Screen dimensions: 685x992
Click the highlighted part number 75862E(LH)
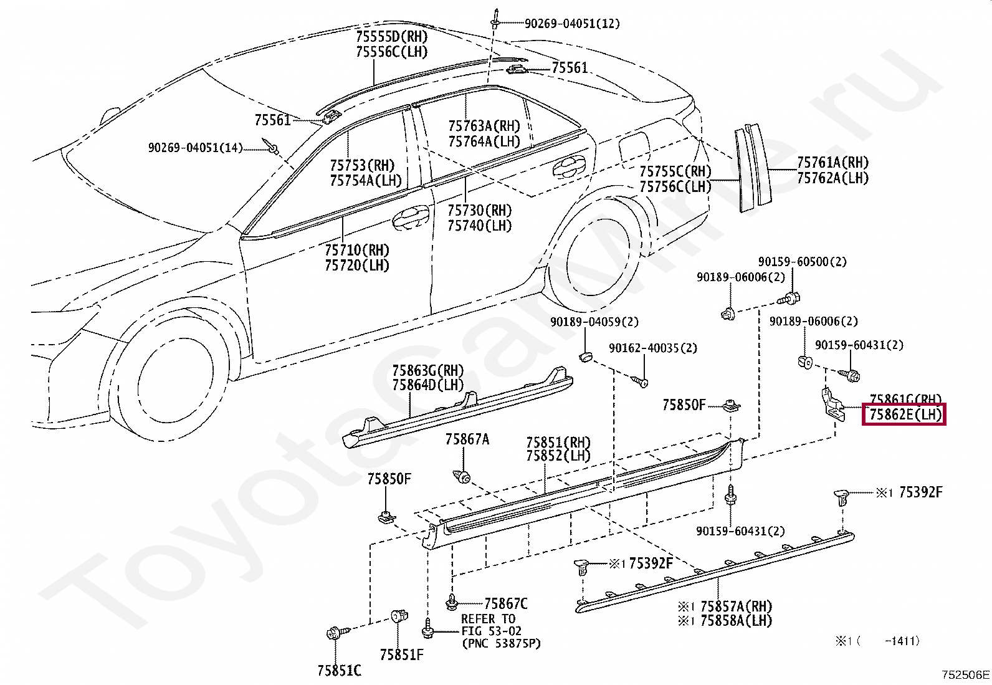pyautogui.click(x=904, y=414)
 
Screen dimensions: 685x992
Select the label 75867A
pyautogui.click(x=467, y=439)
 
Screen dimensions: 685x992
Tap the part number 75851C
pyautogui.click(x=339, y=671)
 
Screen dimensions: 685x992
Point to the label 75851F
pyautogui.click(x=401, y=654)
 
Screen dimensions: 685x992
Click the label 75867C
pyautogui.click(x=505, y=603)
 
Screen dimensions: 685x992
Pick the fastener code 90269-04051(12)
pyautogui.click(x=571, y=24)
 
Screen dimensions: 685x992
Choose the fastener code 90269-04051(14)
pyautogui.click(x=195, y=148)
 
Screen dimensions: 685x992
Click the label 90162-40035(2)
pyautogui.click(x=653, y=348)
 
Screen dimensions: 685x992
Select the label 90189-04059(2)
pyautogui.click(x=594, y=322)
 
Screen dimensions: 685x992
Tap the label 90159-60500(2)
pyautogui.click(x=802, y=262)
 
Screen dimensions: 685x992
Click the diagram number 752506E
pyautogui.click(x=965, y=674)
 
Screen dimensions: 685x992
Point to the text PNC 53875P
pyautogui.click(x=501, y=643)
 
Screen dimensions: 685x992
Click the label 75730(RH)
pyautogui.click(x=479, y=210)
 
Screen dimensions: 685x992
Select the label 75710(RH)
pyautogui.click(x=356, y=250)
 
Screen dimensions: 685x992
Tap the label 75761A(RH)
pyautogui.click(x=832, y=163)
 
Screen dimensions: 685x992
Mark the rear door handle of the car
pyautogui.click(x=568, y=166)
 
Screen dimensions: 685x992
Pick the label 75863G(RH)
pyautogui.click(x=427, y=371)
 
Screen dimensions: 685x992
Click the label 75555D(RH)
pyautogui.click(x=391, y=36)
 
